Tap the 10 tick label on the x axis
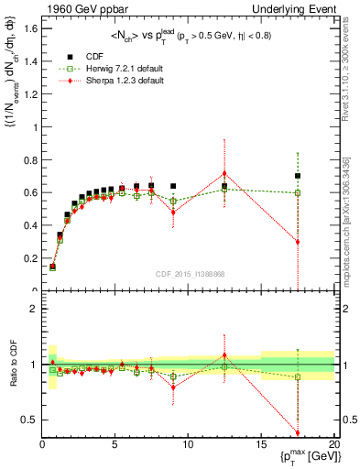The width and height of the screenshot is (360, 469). [188, 445]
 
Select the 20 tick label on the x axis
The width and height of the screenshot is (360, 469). [333, 445]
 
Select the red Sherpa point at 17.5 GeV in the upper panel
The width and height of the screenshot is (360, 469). [298, 242]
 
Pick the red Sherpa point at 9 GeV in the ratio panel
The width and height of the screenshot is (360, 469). [173, 387]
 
